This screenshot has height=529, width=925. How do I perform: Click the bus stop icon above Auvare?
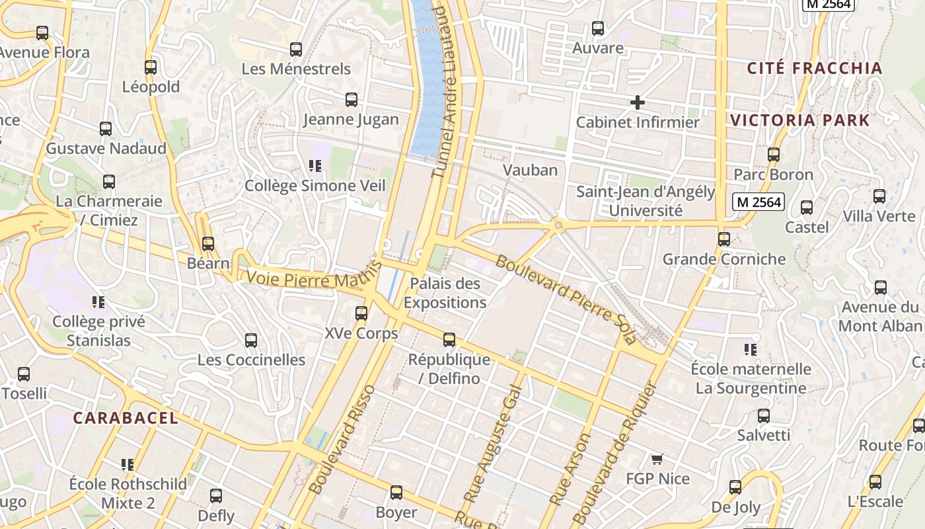(x=598, y=28)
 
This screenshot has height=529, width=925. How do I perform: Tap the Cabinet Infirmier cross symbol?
(x=637, y=102)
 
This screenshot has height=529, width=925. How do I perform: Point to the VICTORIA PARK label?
(x=799, y=120)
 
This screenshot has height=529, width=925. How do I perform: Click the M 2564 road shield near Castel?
(x=758, y=202)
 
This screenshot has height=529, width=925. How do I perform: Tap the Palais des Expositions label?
(x=445, y=293)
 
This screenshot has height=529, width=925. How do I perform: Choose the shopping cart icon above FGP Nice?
(x=657, y=459)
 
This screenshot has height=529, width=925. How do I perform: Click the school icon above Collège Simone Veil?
(x=314, y=166)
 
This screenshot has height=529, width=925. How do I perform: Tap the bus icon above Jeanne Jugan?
(x=351, y=100)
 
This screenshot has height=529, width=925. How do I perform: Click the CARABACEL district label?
(x=126, y=418)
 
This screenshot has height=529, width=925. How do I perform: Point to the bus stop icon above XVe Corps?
(x=361, y=313)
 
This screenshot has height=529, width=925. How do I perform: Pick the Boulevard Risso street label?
(x=342, y=439)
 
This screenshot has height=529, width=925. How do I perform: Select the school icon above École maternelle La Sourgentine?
(x=750, y=349)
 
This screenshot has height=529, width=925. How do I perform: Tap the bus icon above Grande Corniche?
(x=724, y=239)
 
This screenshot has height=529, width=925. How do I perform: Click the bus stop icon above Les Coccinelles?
(x=251, y=341)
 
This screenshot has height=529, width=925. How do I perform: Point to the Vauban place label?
(x=530, y=170)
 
